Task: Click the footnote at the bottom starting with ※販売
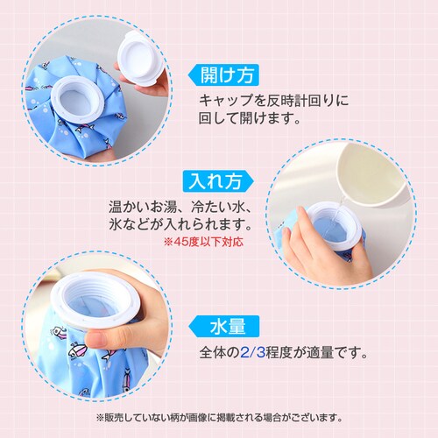[x=219, y=417]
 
